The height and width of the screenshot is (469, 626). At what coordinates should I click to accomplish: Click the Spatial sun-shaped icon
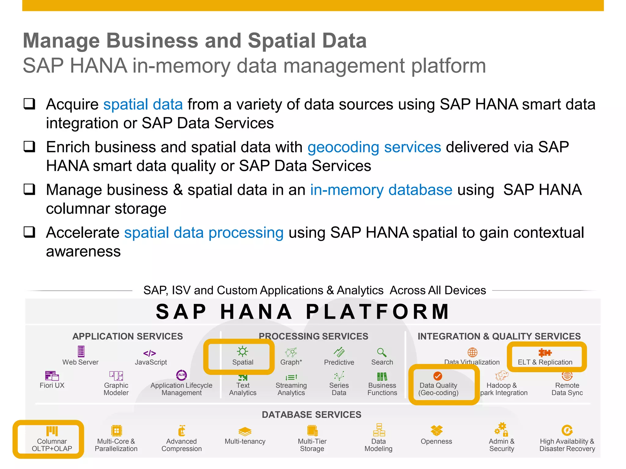pyautogui.click(x=242, y=351)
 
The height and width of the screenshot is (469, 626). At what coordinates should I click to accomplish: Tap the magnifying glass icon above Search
pyautogui.click(x=381, y=352)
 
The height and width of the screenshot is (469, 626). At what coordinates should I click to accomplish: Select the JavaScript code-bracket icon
pyautogui.click(x=149, y=353)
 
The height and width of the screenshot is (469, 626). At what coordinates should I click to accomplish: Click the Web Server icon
pyautogui.click(x=81, y=351)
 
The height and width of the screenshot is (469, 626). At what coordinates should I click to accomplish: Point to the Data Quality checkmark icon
pyautogui.click(x=438, y=376)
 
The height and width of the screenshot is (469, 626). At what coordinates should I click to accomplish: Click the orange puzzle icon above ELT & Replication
pyautogui.click(x=545, y=353)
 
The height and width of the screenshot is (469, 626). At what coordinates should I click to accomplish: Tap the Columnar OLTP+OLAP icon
pyautogui.click(x=52, y=431)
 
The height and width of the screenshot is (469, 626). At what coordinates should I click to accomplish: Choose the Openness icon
pyautogui.click(x=436, y=431)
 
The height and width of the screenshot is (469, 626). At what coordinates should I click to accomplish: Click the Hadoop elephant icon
pyautogui.click(x=501, y=375)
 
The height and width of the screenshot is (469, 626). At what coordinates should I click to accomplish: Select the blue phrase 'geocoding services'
pyautogui.click(x=374, y=147)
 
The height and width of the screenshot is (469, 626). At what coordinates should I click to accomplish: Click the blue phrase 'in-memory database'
pyautogui.click(x=381, y=190)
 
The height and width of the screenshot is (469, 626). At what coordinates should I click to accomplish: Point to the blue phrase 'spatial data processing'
pyautogui.click(x=204, y=233)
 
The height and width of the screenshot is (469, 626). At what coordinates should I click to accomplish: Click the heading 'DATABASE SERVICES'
pyautogui.click(x=311, y=415)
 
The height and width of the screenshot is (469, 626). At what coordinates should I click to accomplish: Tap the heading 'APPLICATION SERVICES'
pyautogui.click(x=127, y=336)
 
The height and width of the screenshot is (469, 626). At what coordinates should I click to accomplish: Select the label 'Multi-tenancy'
pyautogui.click(x=245, y=441)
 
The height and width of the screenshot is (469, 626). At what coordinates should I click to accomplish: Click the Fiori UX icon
pyautogui.click(x=52, y=376)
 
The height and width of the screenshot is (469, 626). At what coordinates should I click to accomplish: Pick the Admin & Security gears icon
pyautogui.click(x=501, y=430)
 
